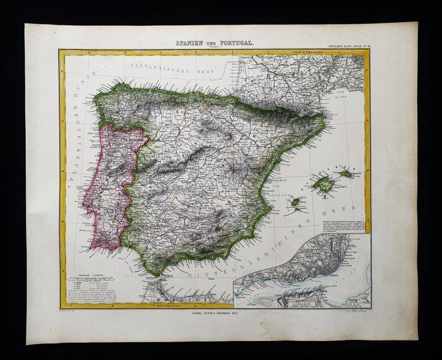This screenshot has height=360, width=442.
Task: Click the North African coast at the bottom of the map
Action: click(x=183, y=294)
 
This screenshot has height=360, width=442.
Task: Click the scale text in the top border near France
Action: click(x=319, y=52)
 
